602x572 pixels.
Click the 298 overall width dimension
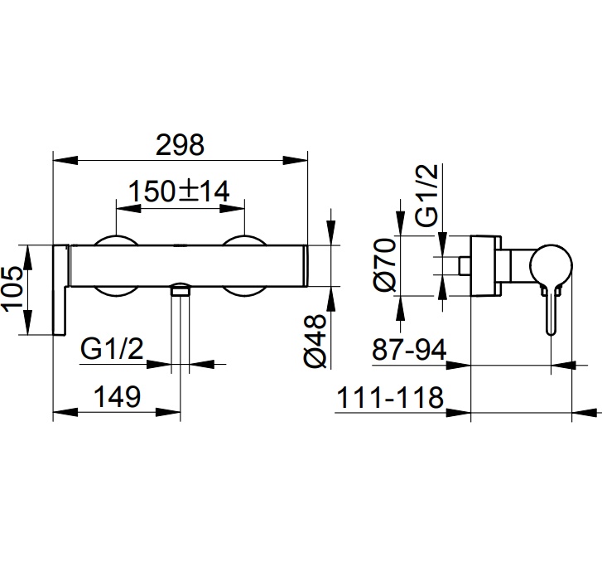[180, 145]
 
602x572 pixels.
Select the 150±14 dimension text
[179, 191]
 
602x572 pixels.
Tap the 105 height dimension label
[12, 289]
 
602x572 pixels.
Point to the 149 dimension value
[117, 396]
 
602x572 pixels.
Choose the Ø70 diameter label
[384, 264]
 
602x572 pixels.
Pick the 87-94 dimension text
[409, 350]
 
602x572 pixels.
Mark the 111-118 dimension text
[390, 397]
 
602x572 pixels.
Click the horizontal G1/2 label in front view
[112, 349]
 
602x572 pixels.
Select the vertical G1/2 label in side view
[426, 195]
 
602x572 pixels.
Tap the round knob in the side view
[551, 265]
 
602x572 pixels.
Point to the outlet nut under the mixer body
[181, 289]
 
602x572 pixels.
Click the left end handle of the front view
[60, 290]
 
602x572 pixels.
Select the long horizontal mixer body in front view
[188, 265]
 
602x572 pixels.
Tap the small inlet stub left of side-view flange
[465, 265]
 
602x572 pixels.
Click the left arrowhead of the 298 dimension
[65, 160]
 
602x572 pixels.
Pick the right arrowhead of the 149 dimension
[168, 412]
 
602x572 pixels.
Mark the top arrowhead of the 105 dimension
[27, 257]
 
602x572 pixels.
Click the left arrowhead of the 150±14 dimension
[128, 208]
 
